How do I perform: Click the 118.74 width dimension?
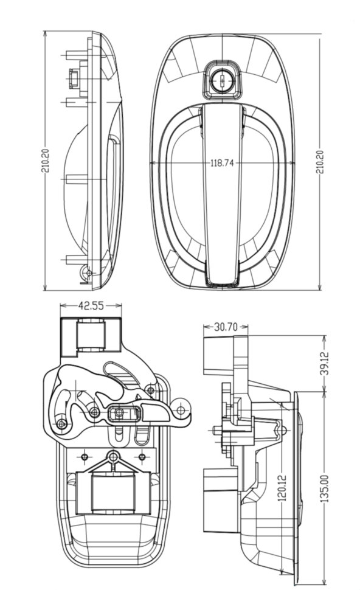pos(222,163)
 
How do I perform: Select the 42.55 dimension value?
pos(91,305)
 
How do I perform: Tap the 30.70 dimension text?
pos(226,327)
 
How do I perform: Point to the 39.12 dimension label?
pos(325,363)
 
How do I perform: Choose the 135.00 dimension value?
pos(325,488)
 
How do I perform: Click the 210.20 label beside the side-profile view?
pos(45,161)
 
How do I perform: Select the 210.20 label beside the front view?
pos(320,161)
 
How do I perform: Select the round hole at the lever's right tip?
pos(181,409)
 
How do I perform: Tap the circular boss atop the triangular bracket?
pos(113,457)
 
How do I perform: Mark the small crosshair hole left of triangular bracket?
pos(85,457)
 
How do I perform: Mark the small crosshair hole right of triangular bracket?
pos(142,457)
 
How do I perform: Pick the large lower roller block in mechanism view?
pos(113,494)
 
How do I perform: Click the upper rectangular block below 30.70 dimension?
pos(219,355)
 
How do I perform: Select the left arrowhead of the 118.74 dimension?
pos(153,163)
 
